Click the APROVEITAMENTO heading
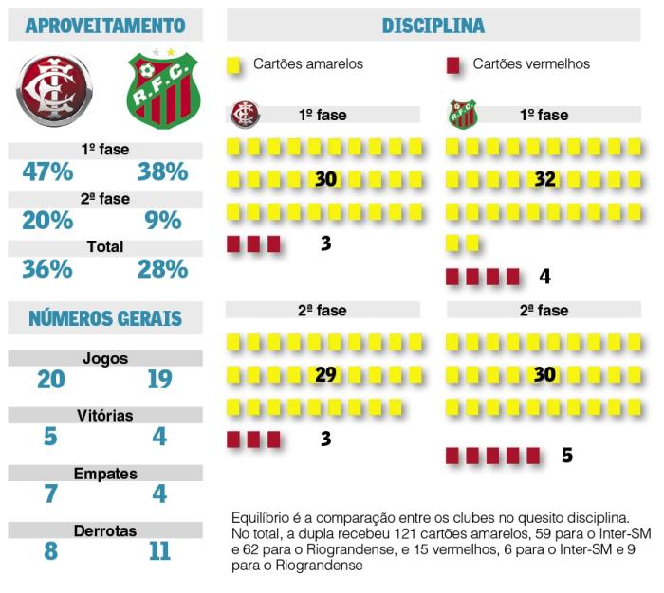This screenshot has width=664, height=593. coord(104,25)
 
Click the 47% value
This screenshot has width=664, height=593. coord(47,171)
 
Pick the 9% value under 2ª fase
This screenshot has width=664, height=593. coord(163,221)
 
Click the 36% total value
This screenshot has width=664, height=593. coord(47,269)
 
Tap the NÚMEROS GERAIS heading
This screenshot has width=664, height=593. coord(104,318)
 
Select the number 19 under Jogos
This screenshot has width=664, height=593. coord(159,379)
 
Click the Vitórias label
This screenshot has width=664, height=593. coord(104,416)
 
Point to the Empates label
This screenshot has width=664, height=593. coord(105,474)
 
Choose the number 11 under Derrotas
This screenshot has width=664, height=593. coord(159,551)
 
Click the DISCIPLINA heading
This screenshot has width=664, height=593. coord(433,26)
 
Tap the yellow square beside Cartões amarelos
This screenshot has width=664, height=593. coord(234,65)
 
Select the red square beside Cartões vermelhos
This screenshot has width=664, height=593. coord(453,65)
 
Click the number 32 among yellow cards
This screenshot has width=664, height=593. coord(544,179)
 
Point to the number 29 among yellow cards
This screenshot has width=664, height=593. coord(325,374)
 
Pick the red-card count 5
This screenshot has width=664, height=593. coord(567,456)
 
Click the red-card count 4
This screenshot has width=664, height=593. coord(544,277)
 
